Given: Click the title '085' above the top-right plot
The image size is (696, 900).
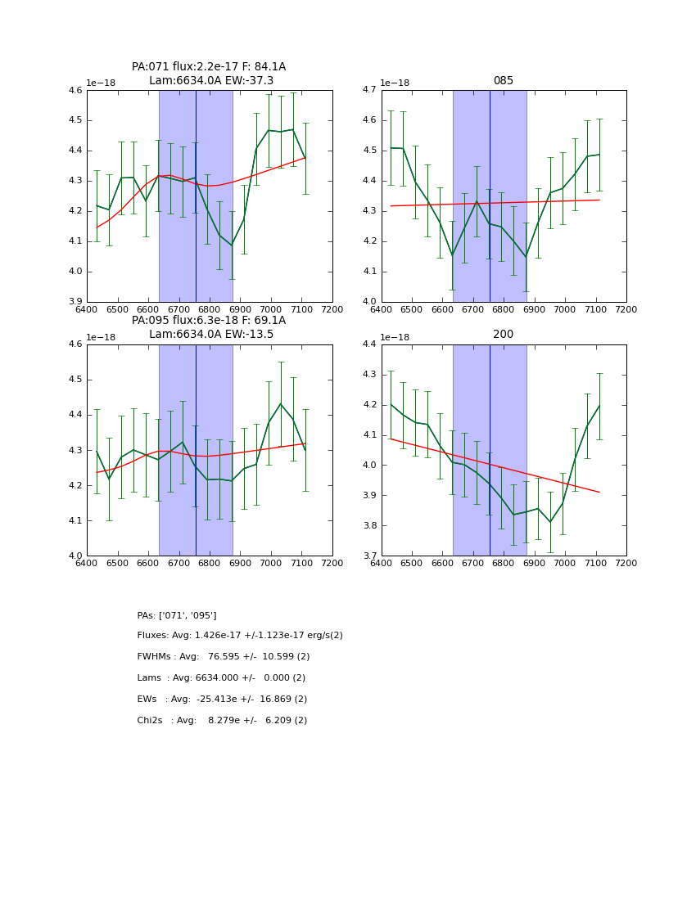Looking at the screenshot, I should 503,81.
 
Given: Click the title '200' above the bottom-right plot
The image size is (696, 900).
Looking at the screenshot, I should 503,335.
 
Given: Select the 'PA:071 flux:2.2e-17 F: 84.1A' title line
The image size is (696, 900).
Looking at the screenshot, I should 209,67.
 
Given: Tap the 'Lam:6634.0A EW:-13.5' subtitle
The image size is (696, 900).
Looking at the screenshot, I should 211,335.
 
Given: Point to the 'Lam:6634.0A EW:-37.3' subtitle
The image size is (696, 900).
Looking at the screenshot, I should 211,81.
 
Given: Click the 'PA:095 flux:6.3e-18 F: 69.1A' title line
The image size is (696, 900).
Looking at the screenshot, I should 209,321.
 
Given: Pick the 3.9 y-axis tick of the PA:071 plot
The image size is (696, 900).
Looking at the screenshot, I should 75,302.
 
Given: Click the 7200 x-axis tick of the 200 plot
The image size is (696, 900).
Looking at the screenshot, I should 626,563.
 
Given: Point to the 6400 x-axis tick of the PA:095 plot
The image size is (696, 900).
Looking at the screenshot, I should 87,563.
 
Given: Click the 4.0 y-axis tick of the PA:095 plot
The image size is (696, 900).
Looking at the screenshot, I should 75,556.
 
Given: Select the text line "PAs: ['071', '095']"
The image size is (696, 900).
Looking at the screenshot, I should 177,615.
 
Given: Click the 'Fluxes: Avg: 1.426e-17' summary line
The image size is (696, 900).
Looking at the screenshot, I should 240,636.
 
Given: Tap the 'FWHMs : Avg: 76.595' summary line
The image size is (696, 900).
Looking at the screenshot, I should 224,657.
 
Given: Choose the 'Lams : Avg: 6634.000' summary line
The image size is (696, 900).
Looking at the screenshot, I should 221,678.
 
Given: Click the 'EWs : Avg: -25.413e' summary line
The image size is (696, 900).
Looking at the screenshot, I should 222,700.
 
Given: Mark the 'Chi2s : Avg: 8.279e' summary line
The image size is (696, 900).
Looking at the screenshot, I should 222,721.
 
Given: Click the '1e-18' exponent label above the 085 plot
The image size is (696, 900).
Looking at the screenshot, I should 395,83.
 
